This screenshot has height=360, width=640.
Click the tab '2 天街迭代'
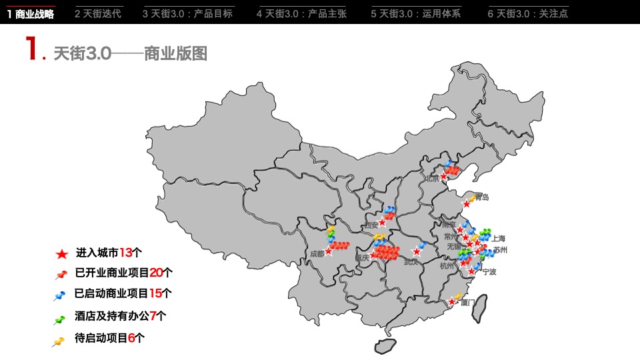pyautogui.click(x=98, y=13)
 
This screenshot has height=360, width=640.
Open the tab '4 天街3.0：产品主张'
pyautogui.click(x=301, y=13)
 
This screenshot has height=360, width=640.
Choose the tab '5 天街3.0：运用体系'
pyautogui.click(x=415, y=13)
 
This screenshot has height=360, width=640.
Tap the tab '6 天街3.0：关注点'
pyautogui.click(x=527, y=13)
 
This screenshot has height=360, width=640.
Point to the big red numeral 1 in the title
pyautogui.click(x=32, y=50)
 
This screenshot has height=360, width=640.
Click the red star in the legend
pyautogui.click(x=61, y=253)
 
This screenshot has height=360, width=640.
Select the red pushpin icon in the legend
pyautogui.click(x=61, y=274)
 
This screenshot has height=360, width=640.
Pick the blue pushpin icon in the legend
pyautogui.click(x=60, y=295)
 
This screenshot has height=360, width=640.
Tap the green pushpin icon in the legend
pyautogui.click(x=59, y=319)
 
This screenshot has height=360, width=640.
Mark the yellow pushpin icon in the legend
pyautogui.click(x=59, y=341)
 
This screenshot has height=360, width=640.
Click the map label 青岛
pyautogui.click(x=482, y=197)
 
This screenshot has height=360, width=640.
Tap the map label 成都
pyautogui.click(x=317, y=254)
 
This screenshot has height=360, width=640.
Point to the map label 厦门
pyautogui.click(x=468, y=302)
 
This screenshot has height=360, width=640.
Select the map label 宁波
pyautogui.click(x=489, y=272)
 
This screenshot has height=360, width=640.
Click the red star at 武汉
pyautogui.click(x=417, y=252)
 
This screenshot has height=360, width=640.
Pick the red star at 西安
pyautogui.click(x=382, y=223)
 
